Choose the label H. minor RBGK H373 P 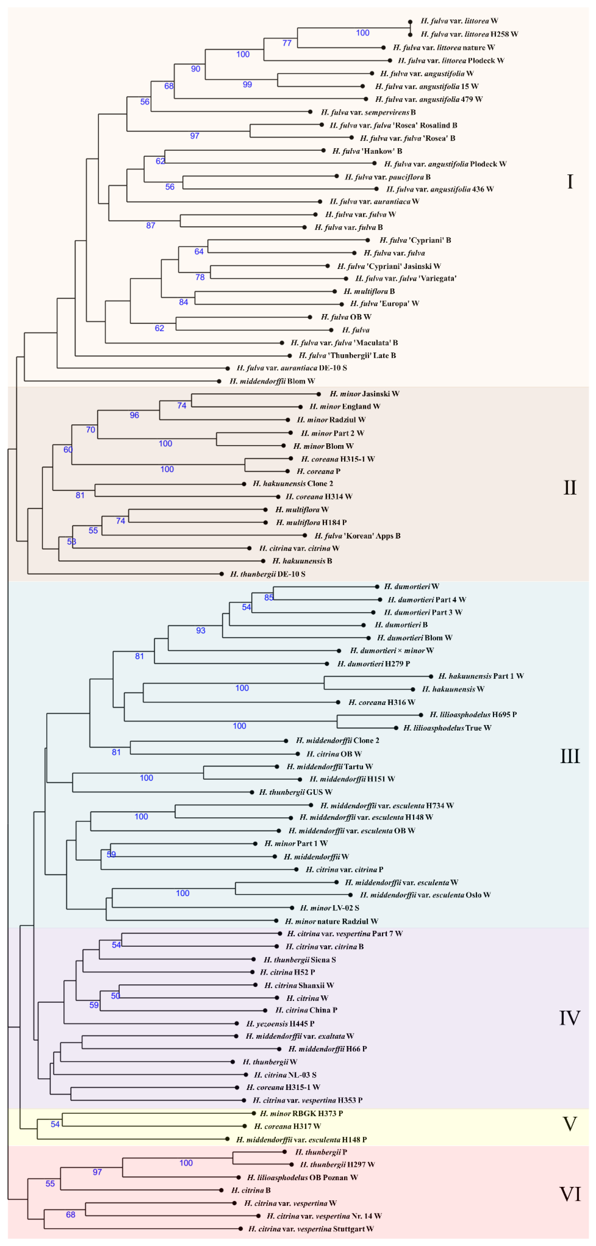click(301, 1113)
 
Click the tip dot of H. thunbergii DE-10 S click(222, 574)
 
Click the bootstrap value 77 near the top click(287, 43)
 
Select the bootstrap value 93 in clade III click(201, 630)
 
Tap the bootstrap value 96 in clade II click(134, 415)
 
